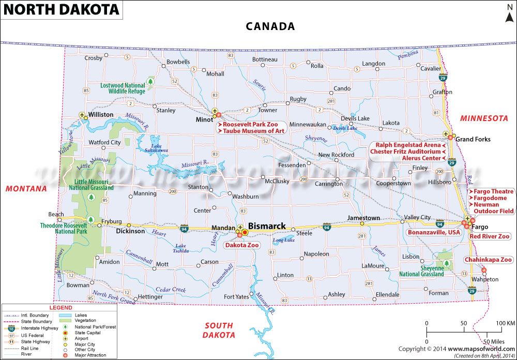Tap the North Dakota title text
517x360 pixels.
pos(61,9)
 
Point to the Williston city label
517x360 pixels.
pos(101,114)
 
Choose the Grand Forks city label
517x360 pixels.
pos(473,139)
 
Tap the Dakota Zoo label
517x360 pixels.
pos(242,245)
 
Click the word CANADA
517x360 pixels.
pos(270,26)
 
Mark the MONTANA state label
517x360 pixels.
pos(26,189)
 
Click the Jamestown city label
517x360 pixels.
pos(363,218)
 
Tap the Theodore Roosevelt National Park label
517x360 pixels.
pos(64,229)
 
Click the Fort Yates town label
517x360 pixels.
pos(236,296)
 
